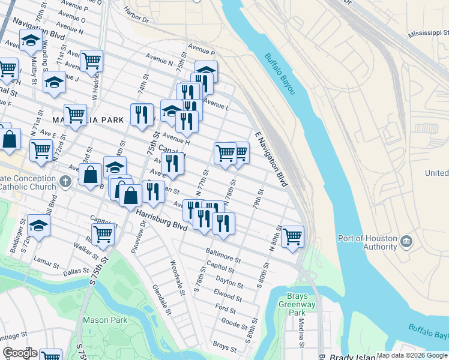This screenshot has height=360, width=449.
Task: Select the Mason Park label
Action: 105,320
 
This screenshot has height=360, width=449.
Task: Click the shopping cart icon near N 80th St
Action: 293,236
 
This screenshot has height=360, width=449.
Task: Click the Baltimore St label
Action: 223,256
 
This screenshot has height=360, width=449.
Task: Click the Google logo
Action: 20,353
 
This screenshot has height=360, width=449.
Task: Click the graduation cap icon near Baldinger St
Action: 38,227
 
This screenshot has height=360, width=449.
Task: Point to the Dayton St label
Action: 229,281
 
